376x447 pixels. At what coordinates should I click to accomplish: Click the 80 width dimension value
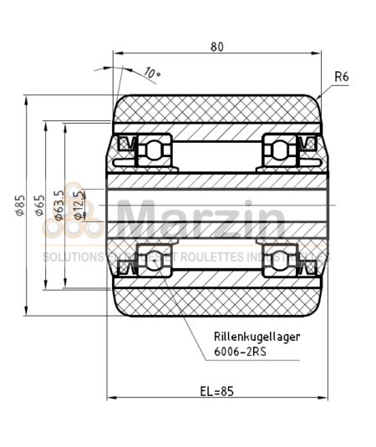[x=217, y=47]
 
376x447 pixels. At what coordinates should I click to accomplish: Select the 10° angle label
[x=151, y=74]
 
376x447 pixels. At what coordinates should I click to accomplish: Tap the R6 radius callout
[x=341, y=77]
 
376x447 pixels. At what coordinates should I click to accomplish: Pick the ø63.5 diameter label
[x=58, y=206]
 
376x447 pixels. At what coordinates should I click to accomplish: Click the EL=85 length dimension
[x=216, y=390]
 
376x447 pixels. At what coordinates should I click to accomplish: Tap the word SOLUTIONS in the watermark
[x=71, y=257]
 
